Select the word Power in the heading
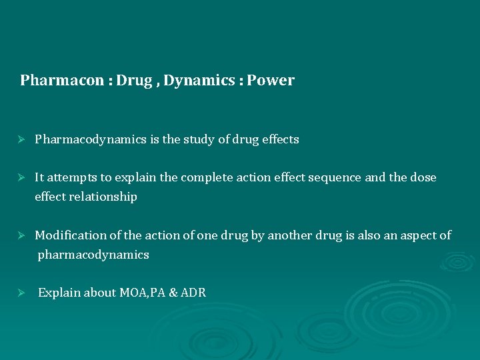(272, 81)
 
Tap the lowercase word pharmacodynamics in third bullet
(93, 255)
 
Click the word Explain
(58, 293)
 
